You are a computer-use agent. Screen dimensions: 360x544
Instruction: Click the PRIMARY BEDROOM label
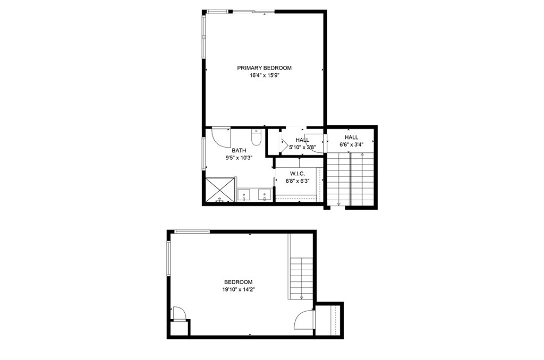264,68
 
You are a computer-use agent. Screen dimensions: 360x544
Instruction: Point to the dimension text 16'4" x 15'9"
264,75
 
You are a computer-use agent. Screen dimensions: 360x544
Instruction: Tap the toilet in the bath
256,139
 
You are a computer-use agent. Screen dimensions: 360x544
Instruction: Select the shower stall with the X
219,190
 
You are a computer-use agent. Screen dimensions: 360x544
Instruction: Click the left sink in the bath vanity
244,195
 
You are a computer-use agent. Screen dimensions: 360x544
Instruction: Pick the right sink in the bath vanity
264,195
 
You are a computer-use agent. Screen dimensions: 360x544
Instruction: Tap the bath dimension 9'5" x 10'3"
239,158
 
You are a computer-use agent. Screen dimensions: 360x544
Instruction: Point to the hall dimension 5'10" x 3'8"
302,147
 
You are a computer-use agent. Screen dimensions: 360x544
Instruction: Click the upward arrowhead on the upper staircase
362,155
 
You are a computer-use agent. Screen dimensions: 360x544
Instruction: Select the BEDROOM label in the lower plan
238,282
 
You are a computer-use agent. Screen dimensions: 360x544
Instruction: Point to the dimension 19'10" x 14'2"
238,289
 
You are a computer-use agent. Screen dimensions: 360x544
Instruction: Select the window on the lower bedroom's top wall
192,231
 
